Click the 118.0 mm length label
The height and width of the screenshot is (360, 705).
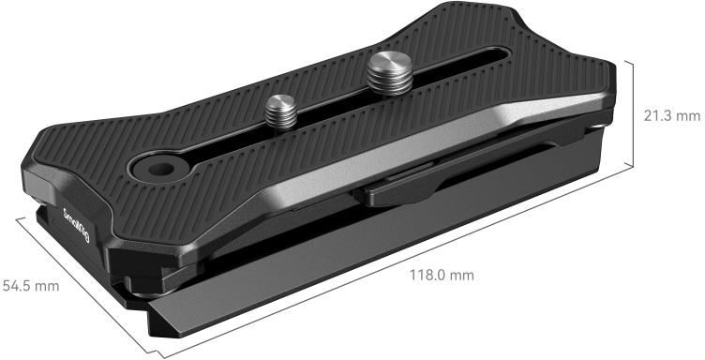[x=441, y=275]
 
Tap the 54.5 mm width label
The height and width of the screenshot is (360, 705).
[x=31, y=286]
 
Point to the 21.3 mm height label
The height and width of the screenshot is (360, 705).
[x=672, y=116]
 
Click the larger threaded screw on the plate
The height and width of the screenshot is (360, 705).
[x=390, y=73]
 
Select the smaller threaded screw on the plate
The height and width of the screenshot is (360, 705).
[x=281, y=111]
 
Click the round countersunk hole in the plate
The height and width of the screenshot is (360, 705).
[x=160, y=170]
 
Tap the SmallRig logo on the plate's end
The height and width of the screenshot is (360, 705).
[x=77, y=225]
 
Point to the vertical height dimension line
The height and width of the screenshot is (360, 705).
[x=633, y=114]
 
